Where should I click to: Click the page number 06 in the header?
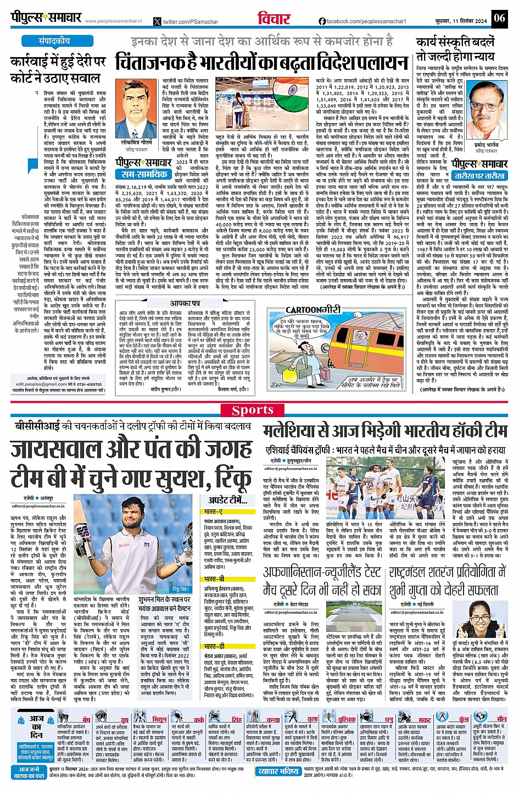point(499,18)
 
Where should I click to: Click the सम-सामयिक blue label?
point(144,174)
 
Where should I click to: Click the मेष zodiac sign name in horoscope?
point(86,719)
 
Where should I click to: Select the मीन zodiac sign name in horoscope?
point(501,719)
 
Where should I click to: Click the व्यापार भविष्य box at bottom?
point(278,771)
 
